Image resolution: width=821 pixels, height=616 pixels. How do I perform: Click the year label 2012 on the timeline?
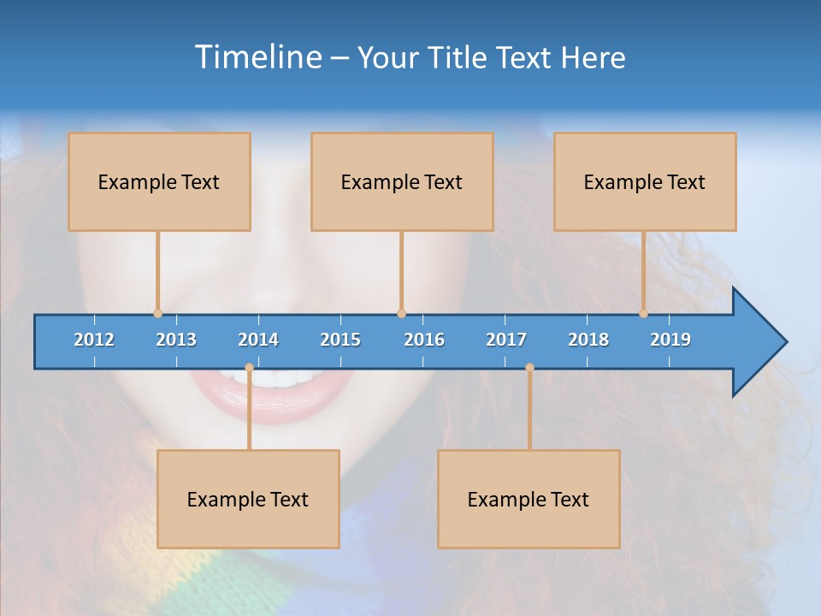(94, 340)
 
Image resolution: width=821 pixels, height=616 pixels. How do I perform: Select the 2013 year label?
(176, 340)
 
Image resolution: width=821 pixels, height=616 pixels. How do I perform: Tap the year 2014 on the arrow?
(258, 340)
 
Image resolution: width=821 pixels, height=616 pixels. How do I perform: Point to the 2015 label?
(340, 340)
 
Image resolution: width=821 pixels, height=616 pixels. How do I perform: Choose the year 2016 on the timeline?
(424, 340)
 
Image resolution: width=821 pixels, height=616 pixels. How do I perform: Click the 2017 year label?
(506, 340)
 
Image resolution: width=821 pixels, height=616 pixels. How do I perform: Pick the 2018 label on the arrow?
(588, 340)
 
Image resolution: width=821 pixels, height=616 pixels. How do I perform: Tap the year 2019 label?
(670, 340)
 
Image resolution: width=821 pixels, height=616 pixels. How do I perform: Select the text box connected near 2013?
(159, 181)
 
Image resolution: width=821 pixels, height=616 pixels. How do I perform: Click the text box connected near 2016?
(402, 181)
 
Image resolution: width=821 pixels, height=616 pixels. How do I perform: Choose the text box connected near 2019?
(645, 181)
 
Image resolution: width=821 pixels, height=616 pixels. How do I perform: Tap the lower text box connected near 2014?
(248, 499)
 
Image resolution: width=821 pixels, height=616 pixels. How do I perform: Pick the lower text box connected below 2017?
(529, 499)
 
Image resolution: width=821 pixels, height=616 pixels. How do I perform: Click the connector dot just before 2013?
(157, 314)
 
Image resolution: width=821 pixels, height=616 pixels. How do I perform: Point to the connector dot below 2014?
(249, 368)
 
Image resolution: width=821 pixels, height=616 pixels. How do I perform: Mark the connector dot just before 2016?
(401, 314)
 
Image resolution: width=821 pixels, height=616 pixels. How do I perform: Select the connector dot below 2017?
(529, 368)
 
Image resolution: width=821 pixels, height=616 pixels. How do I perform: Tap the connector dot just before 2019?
(643, 314)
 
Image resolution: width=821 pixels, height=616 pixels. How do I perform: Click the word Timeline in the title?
(257, 56)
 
